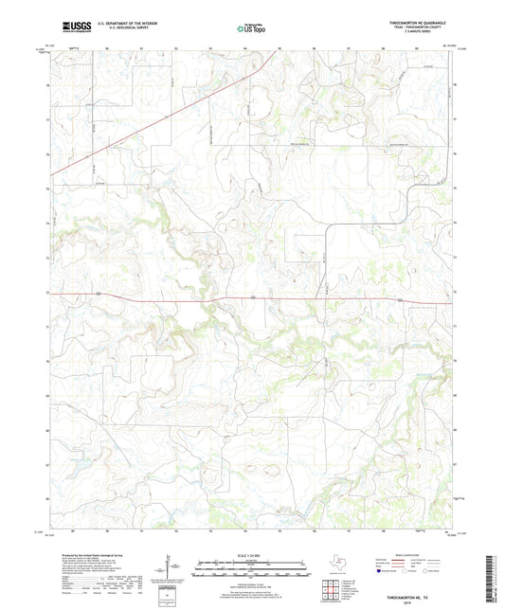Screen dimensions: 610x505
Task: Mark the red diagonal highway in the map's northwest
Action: pos(161,114)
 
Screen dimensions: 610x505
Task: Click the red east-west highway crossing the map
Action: pos(252,298)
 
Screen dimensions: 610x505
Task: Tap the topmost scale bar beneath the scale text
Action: pos(252,566)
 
